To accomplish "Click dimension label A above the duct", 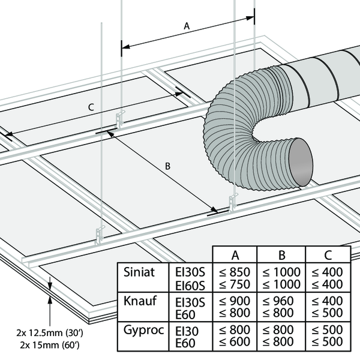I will click(186, 26).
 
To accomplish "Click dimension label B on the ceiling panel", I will click(169, 167).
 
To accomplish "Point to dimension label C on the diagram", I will click(91, 107).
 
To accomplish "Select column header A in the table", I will click(236, 254).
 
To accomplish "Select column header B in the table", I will click(281, 254).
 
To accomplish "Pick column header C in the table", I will click(327, 254).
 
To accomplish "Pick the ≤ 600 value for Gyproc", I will click(236, 342).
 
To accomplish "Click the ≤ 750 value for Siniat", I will click(236, 284).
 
